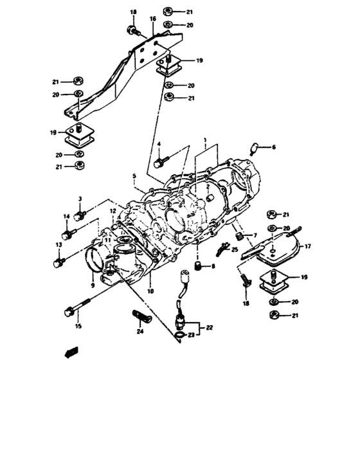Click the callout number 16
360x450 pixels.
click(x=153, y=20)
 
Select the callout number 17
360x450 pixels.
click(x=307, y=245)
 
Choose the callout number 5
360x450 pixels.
click(x=134, y=175)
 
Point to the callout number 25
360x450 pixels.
click(x=235, y=249)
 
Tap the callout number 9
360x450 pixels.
click(x=93, y=285)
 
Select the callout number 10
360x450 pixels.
click(x=151, y=291)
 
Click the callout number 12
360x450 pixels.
click(x=112, y=210)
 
